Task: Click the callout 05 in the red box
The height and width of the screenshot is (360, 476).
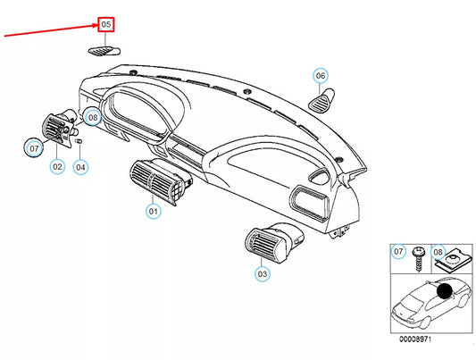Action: (105, 23)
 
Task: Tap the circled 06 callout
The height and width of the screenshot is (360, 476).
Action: (321, 76)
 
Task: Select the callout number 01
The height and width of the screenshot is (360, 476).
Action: (153, 212)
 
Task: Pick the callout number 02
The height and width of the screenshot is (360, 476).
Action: (55, 166)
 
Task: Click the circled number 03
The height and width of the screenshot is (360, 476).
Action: (262, 274)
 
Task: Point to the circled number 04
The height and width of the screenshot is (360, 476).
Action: (80, 166)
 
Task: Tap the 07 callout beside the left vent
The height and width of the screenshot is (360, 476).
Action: (33, 148)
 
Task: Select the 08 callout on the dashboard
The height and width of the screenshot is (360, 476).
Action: (92, 117)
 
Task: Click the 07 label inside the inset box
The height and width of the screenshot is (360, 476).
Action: (399, 253)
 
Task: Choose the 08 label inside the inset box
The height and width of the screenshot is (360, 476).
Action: (438, 253)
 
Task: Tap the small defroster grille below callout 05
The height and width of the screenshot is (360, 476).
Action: (104, 51)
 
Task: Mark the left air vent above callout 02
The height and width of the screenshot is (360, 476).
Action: (60, 134)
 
